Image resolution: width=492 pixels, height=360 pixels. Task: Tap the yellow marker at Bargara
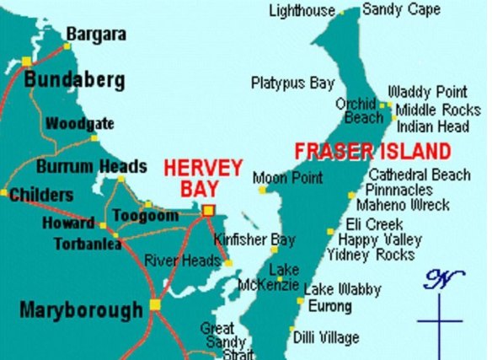click(x=67, y=46)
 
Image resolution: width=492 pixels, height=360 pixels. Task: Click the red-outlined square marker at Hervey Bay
click(x=209, y=211)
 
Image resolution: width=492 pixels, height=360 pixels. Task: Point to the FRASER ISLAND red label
click(x=372, y=153)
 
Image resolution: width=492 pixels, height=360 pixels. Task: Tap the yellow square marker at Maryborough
click(x=155, y=304)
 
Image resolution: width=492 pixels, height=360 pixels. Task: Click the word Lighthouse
click(x=302, y=11)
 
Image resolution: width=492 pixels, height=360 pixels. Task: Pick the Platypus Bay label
click(x=292, y=83)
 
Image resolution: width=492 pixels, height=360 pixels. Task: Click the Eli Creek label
click(x=375, y=224)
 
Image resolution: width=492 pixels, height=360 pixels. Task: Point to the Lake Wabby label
click(x=342, y=289)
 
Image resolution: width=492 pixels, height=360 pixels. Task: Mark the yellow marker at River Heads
click(x=227, y=263)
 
